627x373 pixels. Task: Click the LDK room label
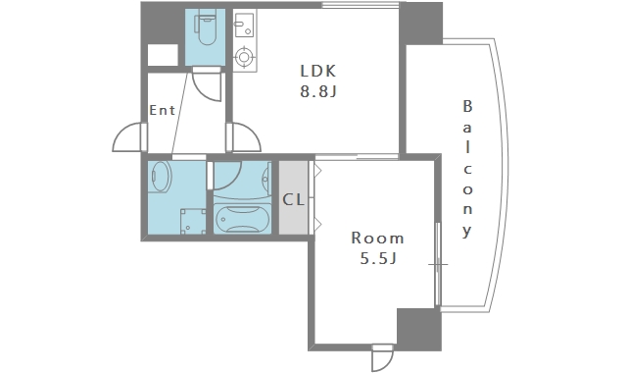pyautogui.click(x=318, y=71)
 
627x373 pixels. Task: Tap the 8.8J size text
pyautogui.click(x=318, y=91)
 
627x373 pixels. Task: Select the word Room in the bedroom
pyautogui.click(x=377, y=238)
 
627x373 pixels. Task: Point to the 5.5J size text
pyautogui.click(x=378, y=258)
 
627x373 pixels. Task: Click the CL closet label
pyautogui.click(x=294, y=199)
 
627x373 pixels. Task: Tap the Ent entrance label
pyautogui.click(x=162, y=110)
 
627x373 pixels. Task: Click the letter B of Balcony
pyautogui.click(x=467, y=106)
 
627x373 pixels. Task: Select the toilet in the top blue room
pyautogui.click(x=206, y=29)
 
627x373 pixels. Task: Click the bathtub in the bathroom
pyautogui.click(x=242, y=219)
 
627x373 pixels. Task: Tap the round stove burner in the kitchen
pyautogui.click(x=244, y=57)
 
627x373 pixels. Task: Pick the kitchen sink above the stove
pyautogui.click(x=244, y=26)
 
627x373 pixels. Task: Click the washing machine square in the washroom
pyautogui.click(x=193, y=221)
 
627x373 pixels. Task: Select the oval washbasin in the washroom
pyautogui.click(x=161, y=177)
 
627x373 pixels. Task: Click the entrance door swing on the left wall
pyautogui.click(x=127, y=137)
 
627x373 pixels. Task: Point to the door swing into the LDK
pyautogui.click(x=246, y=137)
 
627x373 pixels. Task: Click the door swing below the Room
pyautogui.click(x=382, y=358)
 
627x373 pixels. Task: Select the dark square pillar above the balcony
pyautogui.click(x=420, y=24)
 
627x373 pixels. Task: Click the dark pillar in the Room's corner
pyautogui.click(x=419, y=330)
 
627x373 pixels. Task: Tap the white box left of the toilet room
pyautogui.click(x=163, y=55)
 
